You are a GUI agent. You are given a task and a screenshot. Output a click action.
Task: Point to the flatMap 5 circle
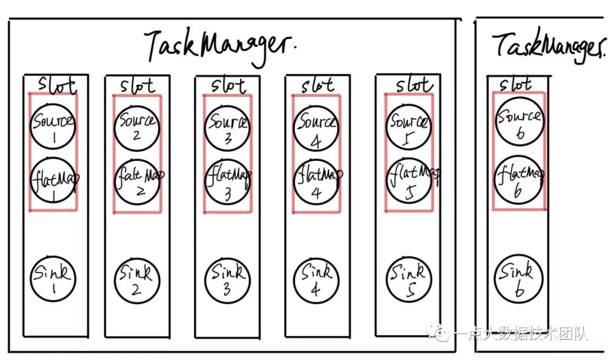[x=409, y=178]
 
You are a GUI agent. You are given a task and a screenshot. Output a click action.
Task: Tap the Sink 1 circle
[x=52, y=280]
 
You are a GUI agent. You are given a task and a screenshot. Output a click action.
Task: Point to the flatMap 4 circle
[x=316, y=181]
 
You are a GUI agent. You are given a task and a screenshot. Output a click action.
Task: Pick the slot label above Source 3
[x=229, y=86]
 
